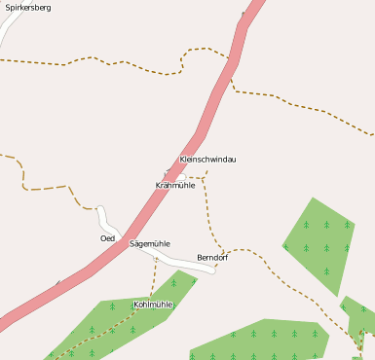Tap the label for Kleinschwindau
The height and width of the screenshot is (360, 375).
pyautogui.click(x=207, y=159)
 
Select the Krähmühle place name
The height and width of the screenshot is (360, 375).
pyautogui.click(x=175, y=185)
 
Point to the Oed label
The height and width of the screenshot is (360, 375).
pyautogui.click(x=107, y=238)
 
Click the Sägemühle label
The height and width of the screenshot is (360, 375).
pyautogui.click(x=150, y=243)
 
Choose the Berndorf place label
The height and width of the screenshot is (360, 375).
pyautogui.click(x=211, y=258)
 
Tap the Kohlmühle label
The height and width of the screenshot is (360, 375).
pyautogui.click(x=152, y=305)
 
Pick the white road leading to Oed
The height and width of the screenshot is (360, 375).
pyautogui.click(x=105, y=218)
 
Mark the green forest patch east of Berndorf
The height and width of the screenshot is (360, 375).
pyautogui.click(x=319, y=245)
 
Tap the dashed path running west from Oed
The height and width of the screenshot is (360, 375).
pyautogui.click(x=44, y=186)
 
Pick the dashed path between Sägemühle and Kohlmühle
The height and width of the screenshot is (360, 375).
pyautogui.click(x=153, y=277)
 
